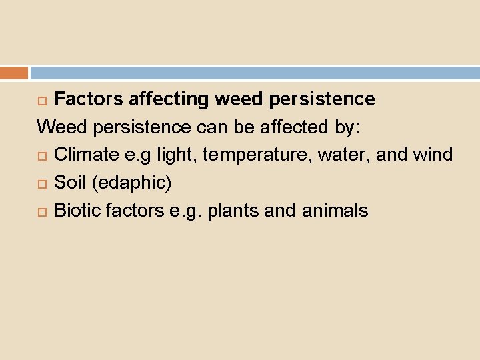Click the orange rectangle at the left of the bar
[x=14, y=73]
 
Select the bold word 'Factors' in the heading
[x=89, y=99]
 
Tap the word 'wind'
[x=433, y=155]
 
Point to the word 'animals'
[x=335, y=211]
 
